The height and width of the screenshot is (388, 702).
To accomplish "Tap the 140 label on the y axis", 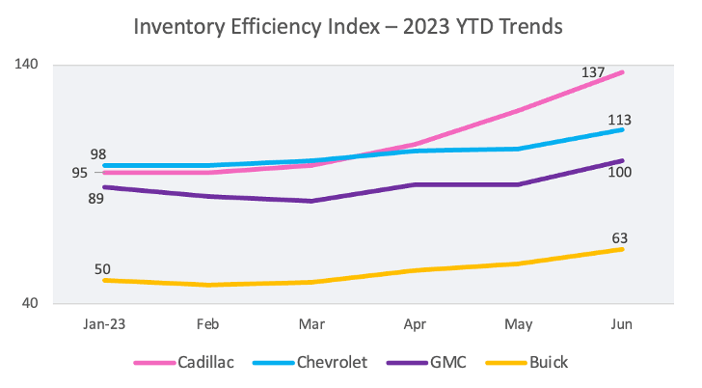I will click(x=26, y=65).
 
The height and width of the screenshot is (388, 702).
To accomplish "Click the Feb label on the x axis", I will click(x=206, y=325).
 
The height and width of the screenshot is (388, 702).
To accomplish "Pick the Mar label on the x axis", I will click(x=310, y=325).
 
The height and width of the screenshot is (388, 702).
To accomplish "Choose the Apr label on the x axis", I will click(x=415, y=325).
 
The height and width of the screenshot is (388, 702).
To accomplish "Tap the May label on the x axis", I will click(x=518, y=325).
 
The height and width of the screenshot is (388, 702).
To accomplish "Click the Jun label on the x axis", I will click(x=622, y=325).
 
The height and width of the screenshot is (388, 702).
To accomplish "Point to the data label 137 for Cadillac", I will click(x=593, y=71).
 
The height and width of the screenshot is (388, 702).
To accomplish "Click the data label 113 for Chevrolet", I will click(x=619, y=121).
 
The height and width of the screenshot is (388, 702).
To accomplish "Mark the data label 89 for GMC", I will click(x=95, y=199).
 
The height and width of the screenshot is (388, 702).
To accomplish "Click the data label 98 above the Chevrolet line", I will click(x=98, y=154).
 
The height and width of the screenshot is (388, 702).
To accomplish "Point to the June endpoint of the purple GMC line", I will click(x=623, y=160).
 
